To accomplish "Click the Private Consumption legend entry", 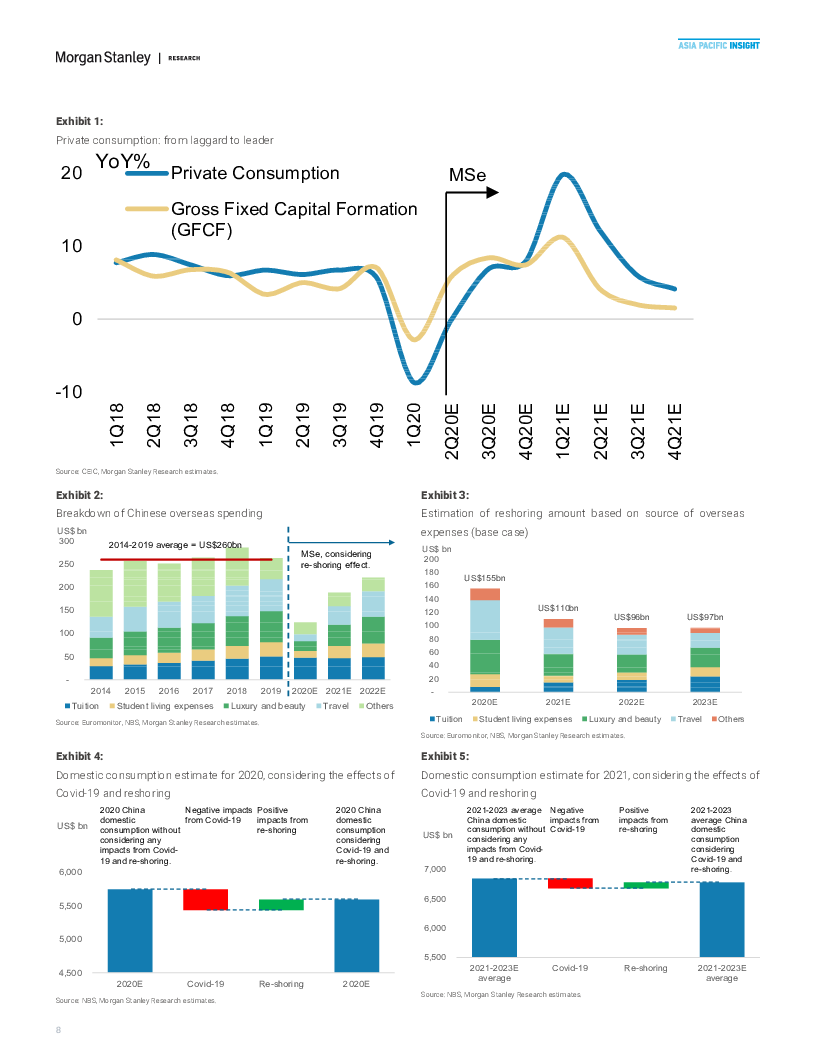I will [255, 173].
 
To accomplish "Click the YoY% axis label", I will [123, 161].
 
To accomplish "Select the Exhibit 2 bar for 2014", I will [101, 625].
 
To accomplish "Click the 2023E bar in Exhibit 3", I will [704, 660].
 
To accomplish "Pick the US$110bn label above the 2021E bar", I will [558, 608].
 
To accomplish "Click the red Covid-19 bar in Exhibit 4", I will [206, 899].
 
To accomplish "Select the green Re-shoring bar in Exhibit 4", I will [281, 904].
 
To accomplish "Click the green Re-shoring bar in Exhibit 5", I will [646, 885].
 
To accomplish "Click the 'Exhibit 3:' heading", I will [444, 495].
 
